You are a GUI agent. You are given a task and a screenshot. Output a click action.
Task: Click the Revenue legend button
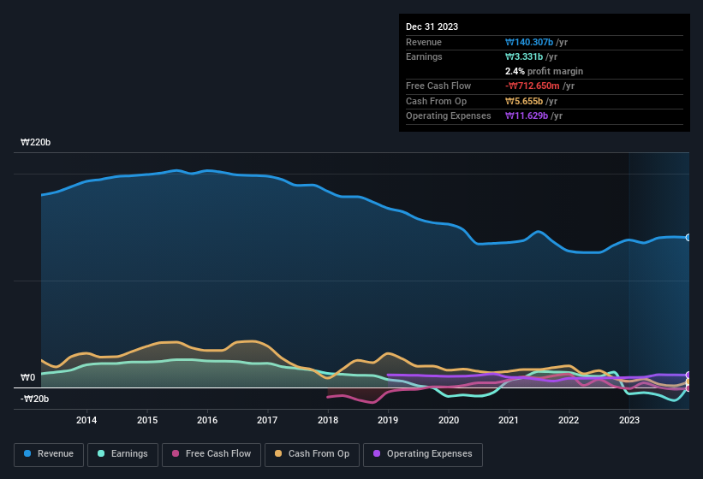tap(49, 454)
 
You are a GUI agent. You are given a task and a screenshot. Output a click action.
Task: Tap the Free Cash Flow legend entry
tap(211, 454)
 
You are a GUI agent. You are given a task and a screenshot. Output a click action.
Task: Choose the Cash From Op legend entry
tap(313, 454)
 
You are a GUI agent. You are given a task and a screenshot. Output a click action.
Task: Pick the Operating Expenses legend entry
tap(423, 454)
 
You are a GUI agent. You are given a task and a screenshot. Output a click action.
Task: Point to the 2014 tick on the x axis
tap(86, 420)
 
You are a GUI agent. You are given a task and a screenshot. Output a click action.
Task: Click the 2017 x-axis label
tap(267, 420)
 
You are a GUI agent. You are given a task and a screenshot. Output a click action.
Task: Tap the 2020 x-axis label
tap(448, 420)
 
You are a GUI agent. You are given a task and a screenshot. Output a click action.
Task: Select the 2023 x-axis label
tap(629, 420)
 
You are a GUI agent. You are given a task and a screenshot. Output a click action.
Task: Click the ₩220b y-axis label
tap(35, 143)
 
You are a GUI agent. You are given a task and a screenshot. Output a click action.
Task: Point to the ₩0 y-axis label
tap(27, 377)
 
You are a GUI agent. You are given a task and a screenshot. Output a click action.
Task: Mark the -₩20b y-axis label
tap(35, 399)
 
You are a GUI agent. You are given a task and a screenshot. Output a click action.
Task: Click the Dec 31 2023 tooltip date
tap(432, 27)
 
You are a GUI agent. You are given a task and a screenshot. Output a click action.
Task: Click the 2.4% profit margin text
tap(544, 71)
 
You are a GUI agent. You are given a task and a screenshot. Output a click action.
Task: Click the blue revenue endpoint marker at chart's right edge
tap(688, 237)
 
